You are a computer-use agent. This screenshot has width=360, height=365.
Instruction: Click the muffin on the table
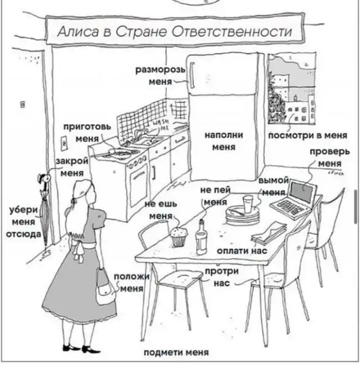coord(179,237)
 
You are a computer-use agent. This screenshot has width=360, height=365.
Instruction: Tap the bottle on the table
coord(201,237)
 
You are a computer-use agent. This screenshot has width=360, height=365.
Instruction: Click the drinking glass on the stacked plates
coord(248,203)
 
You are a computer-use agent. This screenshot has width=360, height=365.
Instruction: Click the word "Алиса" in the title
coord(75,32)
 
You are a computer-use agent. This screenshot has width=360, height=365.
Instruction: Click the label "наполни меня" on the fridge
coord(223,141)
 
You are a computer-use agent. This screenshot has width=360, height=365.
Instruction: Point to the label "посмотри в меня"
coord(307,136)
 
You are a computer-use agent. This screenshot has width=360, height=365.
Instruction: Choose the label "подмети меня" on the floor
coord(176,353)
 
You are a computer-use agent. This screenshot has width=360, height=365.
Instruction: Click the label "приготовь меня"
coord(85,133)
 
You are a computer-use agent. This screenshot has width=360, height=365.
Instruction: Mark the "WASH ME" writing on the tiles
coord(161,125)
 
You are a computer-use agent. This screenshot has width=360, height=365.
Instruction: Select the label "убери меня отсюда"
coord(24,222)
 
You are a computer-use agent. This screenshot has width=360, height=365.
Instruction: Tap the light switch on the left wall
coord(23,105)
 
